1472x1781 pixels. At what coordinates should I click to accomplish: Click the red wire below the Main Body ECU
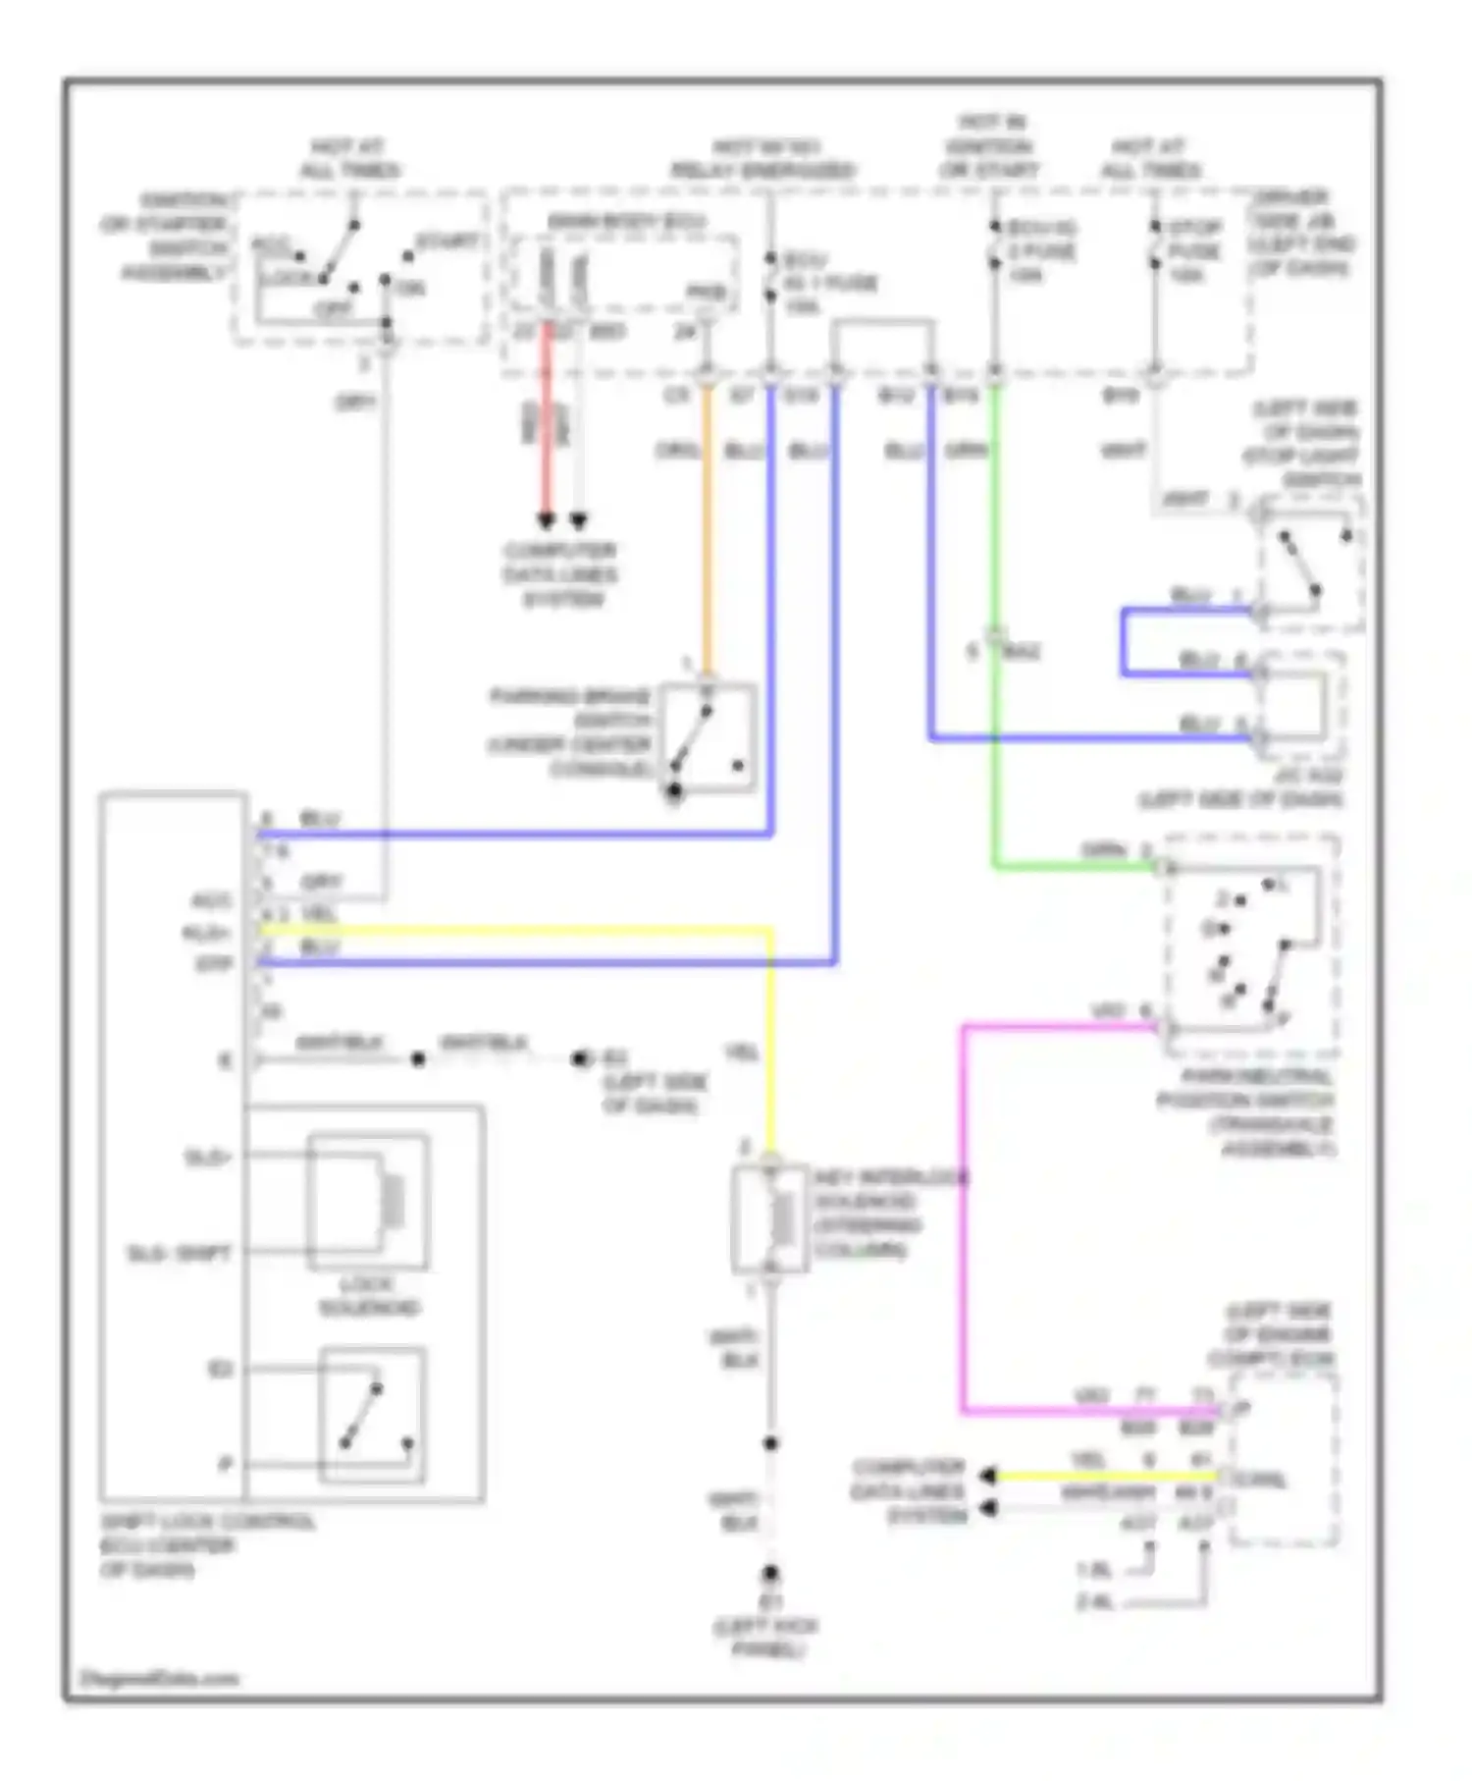pos(547,422)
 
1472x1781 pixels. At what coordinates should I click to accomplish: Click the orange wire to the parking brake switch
pos(707,530)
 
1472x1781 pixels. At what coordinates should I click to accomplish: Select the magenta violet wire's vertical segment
pos(964,1217)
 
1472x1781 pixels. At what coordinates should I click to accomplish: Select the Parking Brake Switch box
pos(708,737)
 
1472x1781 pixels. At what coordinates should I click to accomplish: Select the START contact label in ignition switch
pos(447,242)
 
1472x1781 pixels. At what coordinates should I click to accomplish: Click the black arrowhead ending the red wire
pos(547,520)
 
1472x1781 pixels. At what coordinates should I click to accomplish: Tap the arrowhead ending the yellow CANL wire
pos(987,1476)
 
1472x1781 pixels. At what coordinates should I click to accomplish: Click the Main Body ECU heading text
pos(625,222)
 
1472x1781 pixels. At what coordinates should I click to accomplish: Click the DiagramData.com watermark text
pos(159,1678)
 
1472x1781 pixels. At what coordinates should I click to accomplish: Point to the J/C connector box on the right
pos(1300,705)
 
